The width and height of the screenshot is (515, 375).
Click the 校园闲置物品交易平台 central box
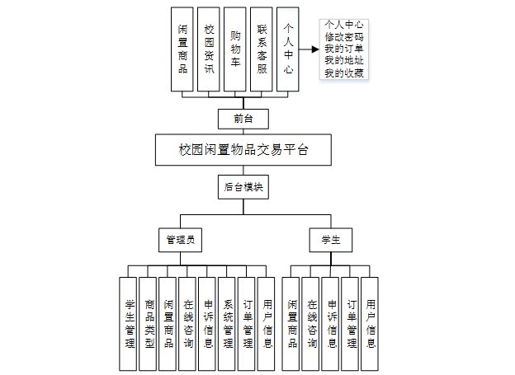pyautogui.click(x=243, y=151)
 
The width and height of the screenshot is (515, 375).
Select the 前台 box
pyautogui.click(x=243, y=119)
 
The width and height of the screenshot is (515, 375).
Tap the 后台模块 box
pyautogui.click(x=243, y=187)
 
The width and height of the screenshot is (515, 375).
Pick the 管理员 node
pyautogui.click(x=180, y=240)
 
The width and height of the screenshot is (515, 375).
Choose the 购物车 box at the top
pyautogui.click(x=234, y=49)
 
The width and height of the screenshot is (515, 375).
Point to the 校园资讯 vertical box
pyautogui.click(x=209, y=49)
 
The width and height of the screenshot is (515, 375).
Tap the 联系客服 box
pyautogui.click(x=261, y=49)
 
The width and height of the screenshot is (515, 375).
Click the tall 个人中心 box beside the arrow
pyautogui.click(x=286, y=49)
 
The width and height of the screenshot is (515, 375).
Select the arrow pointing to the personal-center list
pyautogui.click(x=309, y=49)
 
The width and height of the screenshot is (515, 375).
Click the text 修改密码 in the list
pyautogui.click(x=345, y=37)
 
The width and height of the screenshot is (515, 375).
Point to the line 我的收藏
pyautogui.click(x=345, y=74)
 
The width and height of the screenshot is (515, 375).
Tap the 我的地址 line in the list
pyautogui.click(x=345, y=62)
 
